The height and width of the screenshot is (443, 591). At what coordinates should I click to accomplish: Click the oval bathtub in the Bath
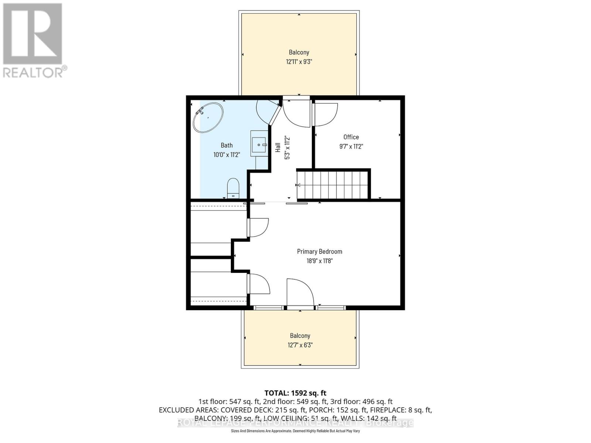coord(208,117)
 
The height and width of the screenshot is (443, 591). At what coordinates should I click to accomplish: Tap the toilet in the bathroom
coord(233,188)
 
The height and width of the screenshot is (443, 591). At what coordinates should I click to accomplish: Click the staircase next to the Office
coord(332,185)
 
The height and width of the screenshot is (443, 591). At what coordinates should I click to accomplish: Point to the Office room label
coord(351,137)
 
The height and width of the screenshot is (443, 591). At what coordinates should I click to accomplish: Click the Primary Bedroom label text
coord(320,251)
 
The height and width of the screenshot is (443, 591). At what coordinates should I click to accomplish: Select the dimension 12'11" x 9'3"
coord(299,62)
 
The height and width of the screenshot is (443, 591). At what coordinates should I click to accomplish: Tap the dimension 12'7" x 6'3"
coord(300,345)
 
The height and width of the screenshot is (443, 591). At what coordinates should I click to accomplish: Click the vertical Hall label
coord(278,147)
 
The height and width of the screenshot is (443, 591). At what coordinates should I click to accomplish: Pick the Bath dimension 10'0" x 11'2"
coord(227,155)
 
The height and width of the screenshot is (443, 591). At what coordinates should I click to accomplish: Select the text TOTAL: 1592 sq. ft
coord(295,393)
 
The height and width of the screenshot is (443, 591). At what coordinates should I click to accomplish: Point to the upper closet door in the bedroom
coord(258,227)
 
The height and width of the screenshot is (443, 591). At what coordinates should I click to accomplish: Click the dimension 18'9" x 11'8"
coord(320,261)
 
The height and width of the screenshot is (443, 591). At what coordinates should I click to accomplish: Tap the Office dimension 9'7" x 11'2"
coord(351,147)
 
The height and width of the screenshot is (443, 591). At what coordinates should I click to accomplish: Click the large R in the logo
coord(33,34)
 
